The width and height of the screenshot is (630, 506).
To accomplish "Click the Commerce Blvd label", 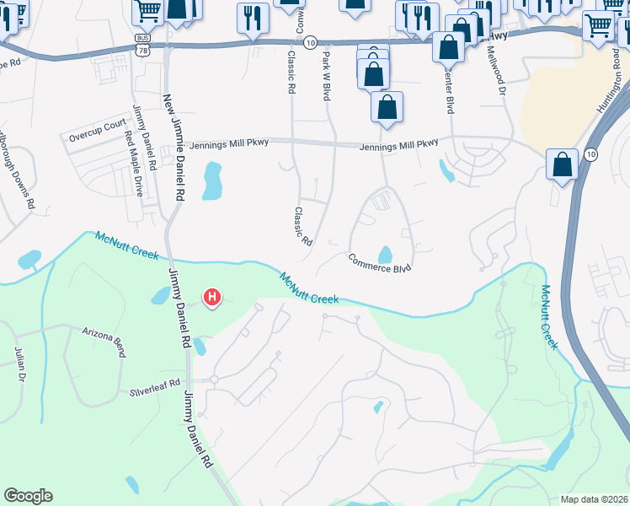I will (381, 263).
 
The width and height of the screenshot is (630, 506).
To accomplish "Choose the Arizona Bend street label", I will (104, 334).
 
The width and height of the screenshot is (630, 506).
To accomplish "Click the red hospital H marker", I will (212, 297).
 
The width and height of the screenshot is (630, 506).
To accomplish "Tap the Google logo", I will (28, 496).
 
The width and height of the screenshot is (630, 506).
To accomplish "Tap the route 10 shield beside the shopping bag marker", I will (590, 153).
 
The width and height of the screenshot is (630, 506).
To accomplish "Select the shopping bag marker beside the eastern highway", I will (562, 164).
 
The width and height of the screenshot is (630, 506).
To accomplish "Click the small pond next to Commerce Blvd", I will (386, 254).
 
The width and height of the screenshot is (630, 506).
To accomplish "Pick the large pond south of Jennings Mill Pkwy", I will (211, 181).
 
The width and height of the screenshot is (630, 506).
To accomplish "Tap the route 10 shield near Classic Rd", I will (311, 41).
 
